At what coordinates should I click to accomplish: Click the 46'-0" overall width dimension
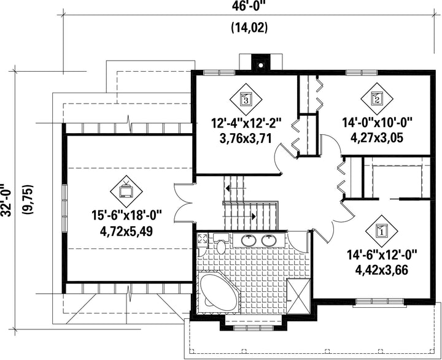pos(249,6)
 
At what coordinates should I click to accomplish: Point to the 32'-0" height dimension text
pos(6,200)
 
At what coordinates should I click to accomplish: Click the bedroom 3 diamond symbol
pos(246,99)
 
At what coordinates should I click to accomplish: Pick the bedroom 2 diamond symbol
pos(377,99)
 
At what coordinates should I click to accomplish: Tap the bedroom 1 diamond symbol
pos(381,231)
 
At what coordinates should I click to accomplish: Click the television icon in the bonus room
pos(126,191)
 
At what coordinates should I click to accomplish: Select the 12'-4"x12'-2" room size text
pos(246,123)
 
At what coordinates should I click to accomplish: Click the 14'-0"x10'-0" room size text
pos(377,123)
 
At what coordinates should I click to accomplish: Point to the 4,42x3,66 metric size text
pos(381,270)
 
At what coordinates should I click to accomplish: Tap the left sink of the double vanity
pos(249,240)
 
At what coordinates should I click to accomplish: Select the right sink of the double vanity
pos(269,240)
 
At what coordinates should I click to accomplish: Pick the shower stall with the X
pos(298,296)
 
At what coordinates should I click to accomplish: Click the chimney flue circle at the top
pos(261,66)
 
